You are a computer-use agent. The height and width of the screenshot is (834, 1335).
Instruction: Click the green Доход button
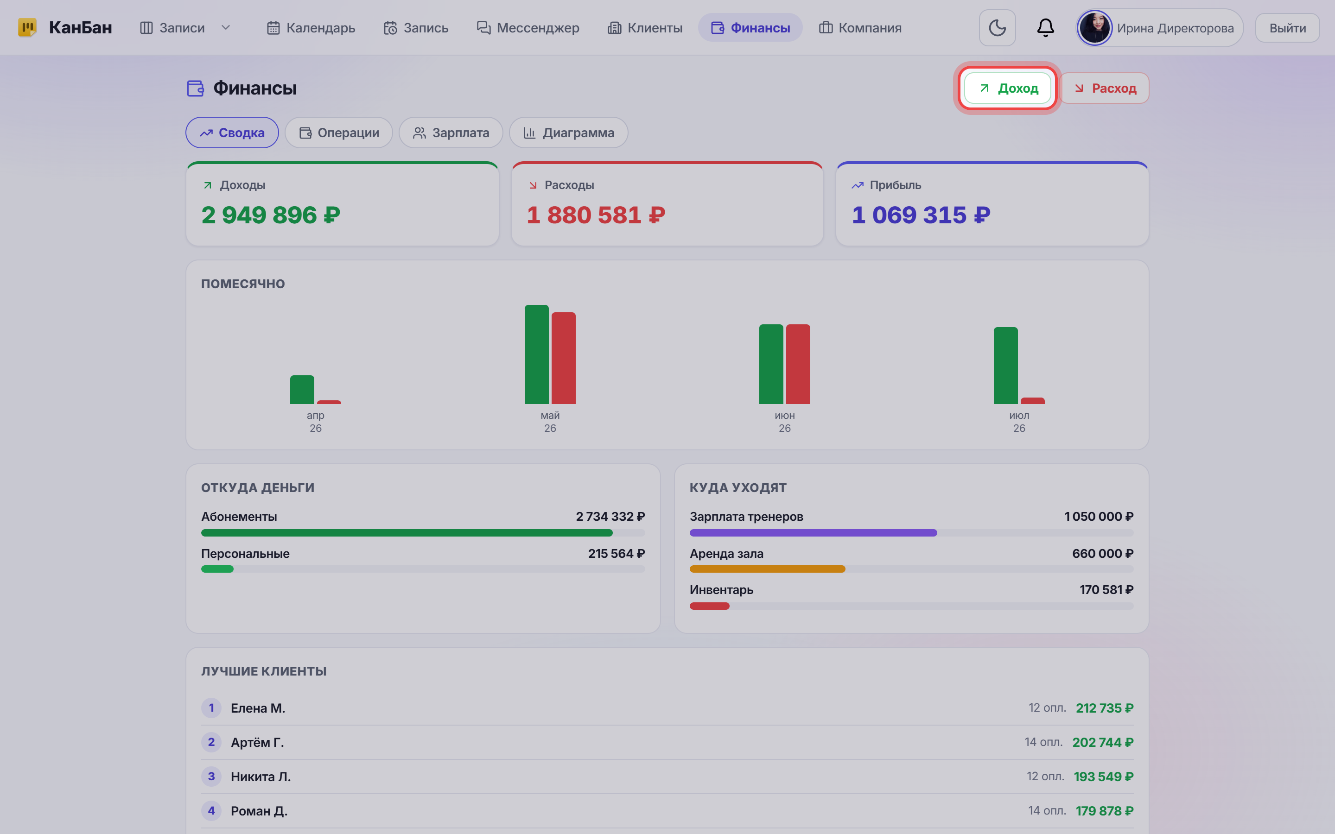pos(1007,88)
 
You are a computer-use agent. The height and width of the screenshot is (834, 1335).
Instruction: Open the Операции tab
pos(339,133)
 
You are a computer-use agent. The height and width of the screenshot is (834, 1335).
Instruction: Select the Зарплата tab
pos(451,133)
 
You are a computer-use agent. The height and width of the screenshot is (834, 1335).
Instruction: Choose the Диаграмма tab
pos(568,133)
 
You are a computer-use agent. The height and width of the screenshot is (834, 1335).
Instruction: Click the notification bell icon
pos(1045,28)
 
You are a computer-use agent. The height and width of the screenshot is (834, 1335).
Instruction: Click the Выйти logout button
pos(1288,28)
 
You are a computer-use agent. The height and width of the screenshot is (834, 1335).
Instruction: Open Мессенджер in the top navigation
pos(528,28)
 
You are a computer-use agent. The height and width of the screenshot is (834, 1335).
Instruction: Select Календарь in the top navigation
pos(311,28)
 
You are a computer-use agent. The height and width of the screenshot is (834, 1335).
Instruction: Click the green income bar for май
pos(536,354)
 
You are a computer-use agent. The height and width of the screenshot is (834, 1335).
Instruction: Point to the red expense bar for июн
pos(798,364)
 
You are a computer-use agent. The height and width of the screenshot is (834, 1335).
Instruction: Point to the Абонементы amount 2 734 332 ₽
pos(610,517)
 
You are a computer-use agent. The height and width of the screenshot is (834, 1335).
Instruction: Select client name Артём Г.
pos(257,742)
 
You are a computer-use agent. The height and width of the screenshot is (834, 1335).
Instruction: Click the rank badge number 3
pos(211,777)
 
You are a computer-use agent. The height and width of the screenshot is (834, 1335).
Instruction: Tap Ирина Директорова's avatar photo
pos(1094,28)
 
